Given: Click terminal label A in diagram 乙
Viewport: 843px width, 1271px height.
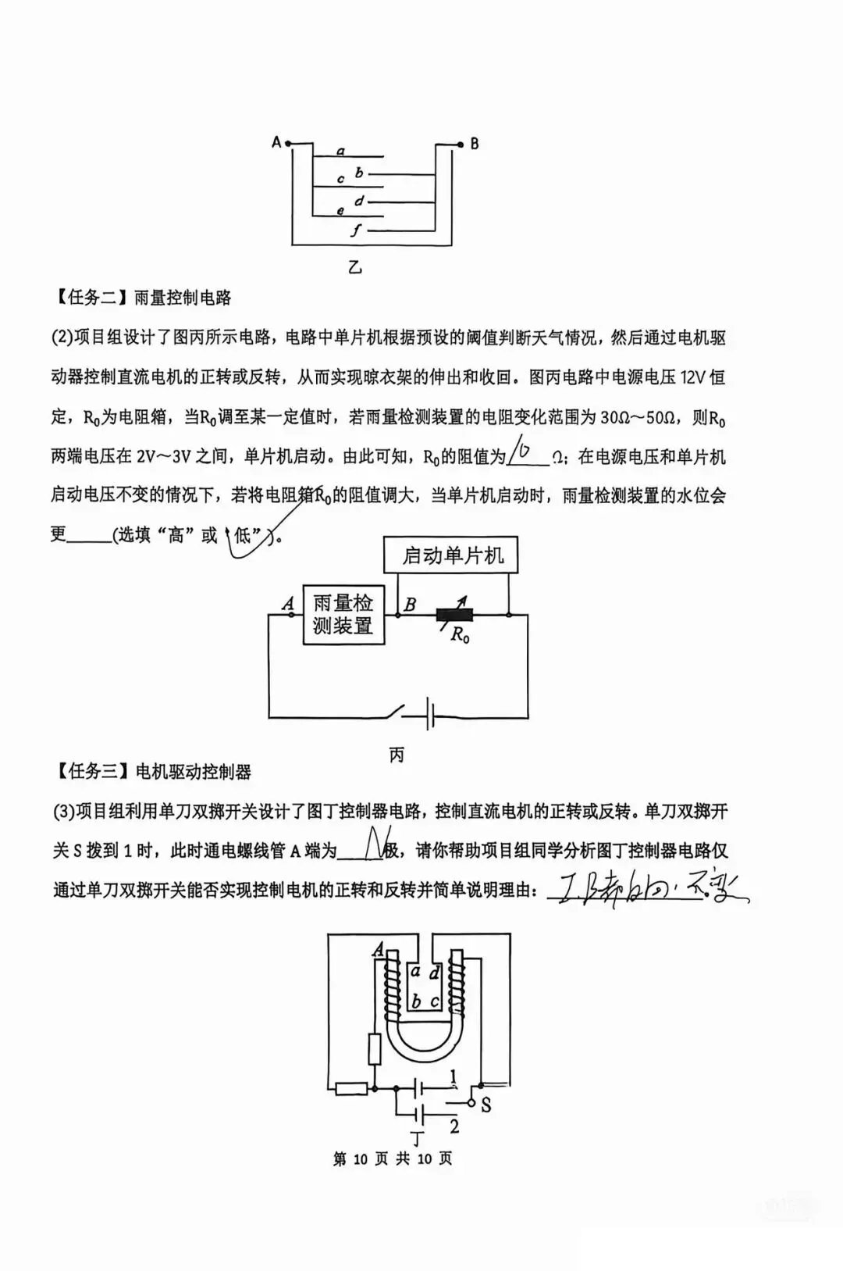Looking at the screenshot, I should (276, 142).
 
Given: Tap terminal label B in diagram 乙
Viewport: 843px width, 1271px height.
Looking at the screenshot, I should (474, 144).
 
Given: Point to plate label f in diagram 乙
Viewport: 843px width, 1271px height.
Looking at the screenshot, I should (357, 230).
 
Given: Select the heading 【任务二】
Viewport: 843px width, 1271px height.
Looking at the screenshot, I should (90, 298).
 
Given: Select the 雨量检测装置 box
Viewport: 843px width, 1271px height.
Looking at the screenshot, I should (343, 615).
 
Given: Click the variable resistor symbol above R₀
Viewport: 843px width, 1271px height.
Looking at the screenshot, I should (454, 615).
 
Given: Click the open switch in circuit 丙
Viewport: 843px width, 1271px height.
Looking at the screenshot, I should (390, 712).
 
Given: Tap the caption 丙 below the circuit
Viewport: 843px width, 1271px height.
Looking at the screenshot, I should (397, 755).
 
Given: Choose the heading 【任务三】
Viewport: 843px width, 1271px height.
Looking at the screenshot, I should (90, 772).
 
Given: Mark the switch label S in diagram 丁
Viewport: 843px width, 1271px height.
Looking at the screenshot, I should (486, 1105).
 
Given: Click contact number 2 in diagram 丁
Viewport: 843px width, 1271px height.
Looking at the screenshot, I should (454, 1126).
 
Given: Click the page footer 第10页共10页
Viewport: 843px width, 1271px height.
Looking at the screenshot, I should (393, 1159).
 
